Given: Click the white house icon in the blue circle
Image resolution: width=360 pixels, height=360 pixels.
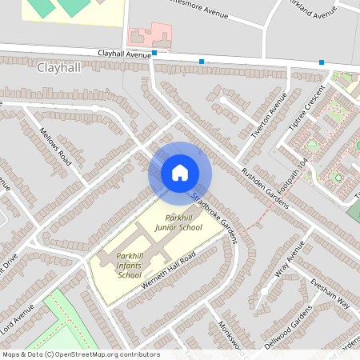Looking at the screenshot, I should tap(179, 172).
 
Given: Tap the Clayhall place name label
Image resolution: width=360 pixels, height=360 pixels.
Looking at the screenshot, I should tap(58, 68).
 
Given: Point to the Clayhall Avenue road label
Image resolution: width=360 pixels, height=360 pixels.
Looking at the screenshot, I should tap(124, 53).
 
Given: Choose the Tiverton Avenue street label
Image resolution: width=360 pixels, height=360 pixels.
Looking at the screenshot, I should tap(269, 116).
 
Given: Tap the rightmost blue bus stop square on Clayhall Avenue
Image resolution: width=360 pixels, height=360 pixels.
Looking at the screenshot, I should tap(322, 62).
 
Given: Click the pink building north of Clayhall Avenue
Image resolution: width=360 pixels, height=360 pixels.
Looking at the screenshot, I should tap(150, 36).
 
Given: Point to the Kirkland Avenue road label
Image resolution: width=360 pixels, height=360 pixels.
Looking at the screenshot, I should tap(314, 11).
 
